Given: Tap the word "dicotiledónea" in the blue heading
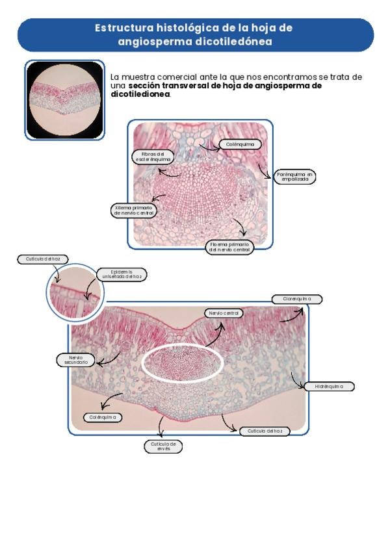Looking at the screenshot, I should pos(234,42).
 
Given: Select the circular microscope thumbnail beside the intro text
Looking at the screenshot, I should pos(64,99).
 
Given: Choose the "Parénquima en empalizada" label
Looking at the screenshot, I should pos(294,177).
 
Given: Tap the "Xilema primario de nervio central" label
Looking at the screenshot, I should pos(133,211).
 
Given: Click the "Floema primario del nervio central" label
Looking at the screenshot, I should pos(229,247).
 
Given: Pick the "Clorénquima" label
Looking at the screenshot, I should pos(296,300).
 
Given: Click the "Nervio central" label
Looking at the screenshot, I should pos(224,313).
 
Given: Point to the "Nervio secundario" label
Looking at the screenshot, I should pos(75,359).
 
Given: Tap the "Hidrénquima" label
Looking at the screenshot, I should pos(329,387).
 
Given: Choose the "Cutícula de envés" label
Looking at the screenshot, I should pos(162,446).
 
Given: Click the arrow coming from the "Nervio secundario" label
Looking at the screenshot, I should pos(109,356).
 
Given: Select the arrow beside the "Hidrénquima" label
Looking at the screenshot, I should pos(298,381).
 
